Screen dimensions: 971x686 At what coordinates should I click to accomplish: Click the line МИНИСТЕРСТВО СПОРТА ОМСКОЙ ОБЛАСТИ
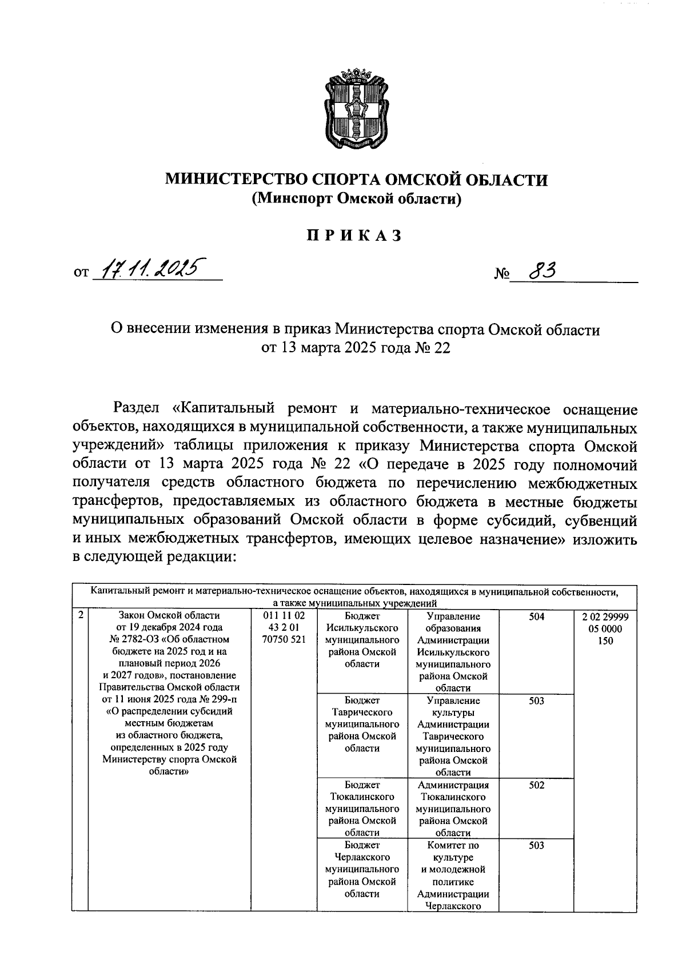tap(357, 180)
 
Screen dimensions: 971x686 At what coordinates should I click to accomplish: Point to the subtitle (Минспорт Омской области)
tap(357, 198)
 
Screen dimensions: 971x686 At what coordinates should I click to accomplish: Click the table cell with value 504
tap(536, 616)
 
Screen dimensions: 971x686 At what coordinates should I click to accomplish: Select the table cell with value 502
tap(536, 785)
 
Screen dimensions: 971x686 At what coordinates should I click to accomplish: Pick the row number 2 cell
tap(81, 615)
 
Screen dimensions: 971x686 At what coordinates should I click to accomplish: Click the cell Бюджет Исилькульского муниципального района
tap(362, 640)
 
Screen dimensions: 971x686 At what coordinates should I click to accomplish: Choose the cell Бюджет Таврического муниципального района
tap(362, 725)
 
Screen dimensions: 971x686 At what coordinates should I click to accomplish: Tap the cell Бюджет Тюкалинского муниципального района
tap(362, 809)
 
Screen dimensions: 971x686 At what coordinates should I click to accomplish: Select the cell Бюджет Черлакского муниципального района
tap(362, 869)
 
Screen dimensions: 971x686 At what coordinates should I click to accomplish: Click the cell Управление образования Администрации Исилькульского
tap(453, 652)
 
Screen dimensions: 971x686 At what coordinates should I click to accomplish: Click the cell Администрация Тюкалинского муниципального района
tap(453, 809)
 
